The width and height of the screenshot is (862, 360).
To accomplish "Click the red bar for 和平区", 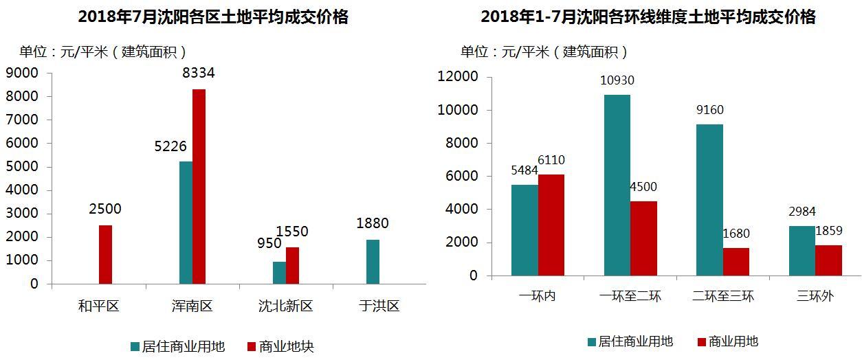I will (105, 254).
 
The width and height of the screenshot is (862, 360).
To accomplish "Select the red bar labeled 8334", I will (199, 186).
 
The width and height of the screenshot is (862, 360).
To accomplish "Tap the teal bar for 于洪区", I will (373, 262).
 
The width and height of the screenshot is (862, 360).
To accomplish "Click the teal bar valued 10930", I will (617, 185).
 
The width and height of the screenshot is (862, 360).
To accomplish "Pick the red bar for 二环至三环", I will (736, 262).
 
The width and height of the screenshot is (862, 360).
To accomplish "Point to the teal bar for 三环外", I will (802, 251).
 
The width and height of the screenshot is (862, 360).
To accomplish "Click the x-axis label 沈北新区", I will (285, 306).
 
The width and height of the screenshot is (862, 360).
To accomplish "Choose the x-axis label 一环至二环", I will (630, 297).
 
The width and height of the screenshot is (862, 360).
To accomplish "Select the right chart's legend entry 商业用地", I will (733, 341).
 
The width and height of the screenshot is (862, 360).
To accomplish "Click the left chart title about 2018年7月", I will (213, 17).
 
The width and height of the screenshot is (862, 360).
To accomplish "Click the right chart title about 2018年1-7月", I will (648, 17).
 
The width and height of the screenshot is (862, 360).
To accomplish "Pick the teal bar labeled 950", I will (279, 273).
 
